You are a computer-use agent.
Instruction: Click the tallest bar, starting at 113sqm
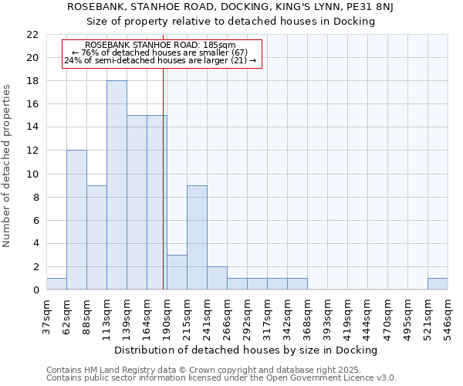coord(117,185)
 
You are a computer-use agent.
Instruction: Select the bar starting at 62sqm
coord(76,220)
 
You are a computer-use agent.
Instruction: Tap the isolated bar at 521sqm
coord(438,284)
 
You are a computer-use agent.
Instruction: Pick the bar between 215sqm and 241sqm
coord(197,238)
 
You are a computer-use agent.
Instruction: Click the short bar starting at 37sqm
coord(56,284)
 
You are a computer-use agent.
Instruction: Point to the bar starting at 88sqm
coord(96,238)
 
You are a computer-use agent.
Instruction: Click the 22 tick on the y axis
coord(32,35)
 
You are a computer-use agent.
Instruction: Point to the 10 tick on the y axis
coord(32,174)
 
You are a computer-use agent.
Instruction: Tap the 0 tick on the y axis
coord(35,290)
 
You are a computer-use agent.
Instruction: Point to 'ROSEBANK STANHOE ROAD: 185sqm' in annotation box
coord(161,46)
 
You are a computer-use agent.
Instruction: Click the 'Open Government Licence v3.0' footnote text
coord(339,378)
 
